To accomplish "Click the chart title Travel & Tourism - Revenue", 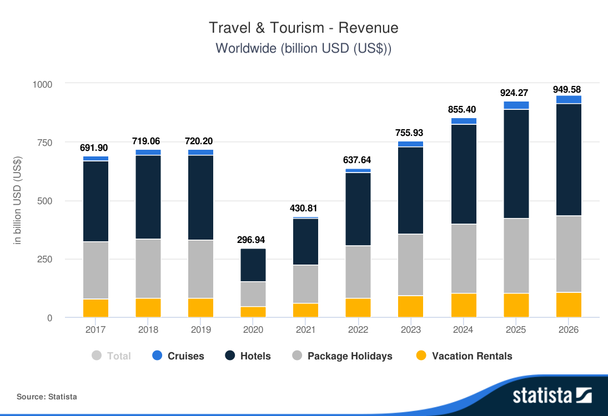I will click(304, 28).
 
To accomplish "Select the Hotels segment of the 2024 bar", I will click(464, 174).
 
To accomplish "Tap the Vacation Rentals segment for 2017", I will click(96, 308).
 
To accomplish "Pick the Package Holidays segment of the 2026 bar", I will click(569, 253).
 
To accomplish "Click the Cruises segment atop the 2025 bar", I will click(516, 105).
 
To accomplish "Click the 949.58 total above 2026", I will click(569, 89).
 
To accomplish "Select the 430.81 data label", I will click(305, 209).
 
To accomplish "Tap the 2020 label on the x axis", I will click(253, 329).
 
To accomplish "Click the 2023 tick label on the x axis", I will click(411, 329).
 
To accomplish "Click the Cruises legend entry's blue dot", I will click(157, 356).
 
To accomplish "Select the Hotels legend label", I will click(255, 356).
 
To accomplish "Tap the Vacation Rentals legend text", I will click(472, 356).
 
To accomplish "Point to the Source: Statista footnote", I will click(47, 397).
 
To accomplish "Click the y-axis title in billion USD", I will click(17, 200).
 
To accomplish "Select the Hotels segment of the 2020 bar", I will click(253, 265).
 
